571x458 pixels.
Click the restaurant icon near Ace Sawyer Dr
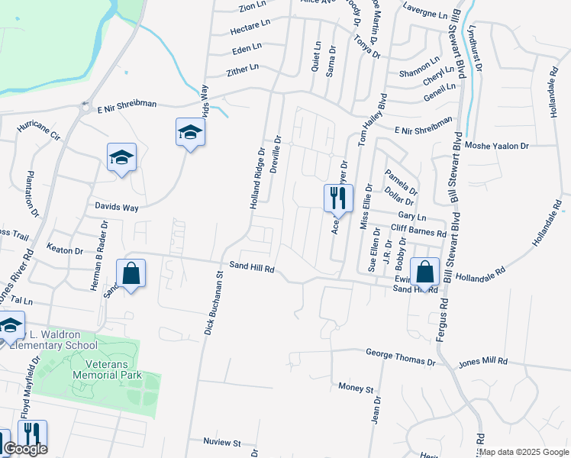[x=337, y=198]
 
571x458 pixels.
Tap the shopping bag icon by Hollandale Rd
[x=424, y=271]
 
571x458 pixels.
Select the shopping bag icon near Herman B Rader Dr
[x=131, y=273]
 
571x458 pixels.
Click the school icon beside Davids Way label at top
[x=190, y=133]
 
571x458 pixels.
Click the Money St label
[x=355, y=387]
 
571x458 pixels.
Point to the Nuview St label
[x=221, y=442]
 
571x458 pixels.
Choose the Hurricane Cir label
[x=38, y=127]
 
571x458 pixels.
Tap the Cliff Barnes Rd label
[x=418, y=231]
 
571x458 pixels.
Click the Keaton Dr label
[x=64, y=250]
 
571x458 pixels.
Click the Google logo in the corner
[x=24, y=449]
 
